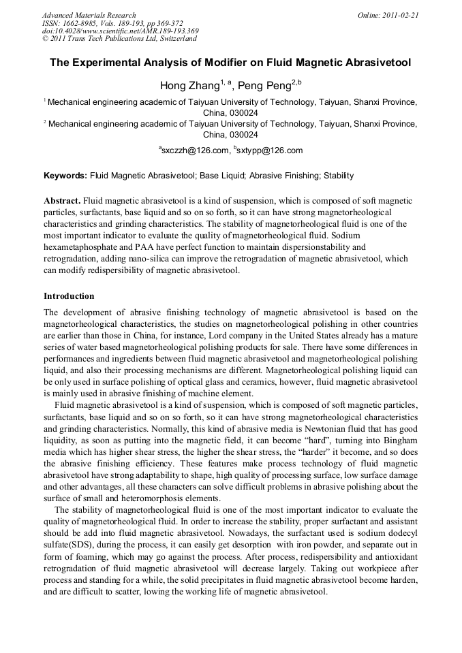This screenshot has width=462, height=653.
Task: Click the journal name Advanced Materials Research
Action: [89, 15]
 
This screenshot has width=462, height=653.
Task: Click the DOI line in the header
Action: [121, 31]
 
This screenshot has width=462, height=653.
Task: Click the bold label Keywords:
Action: [65, 176]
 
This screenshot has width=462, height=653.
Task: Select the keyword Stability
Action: [339, 176]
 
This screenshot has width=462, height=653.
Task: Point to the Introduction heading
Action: [69, 296]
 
